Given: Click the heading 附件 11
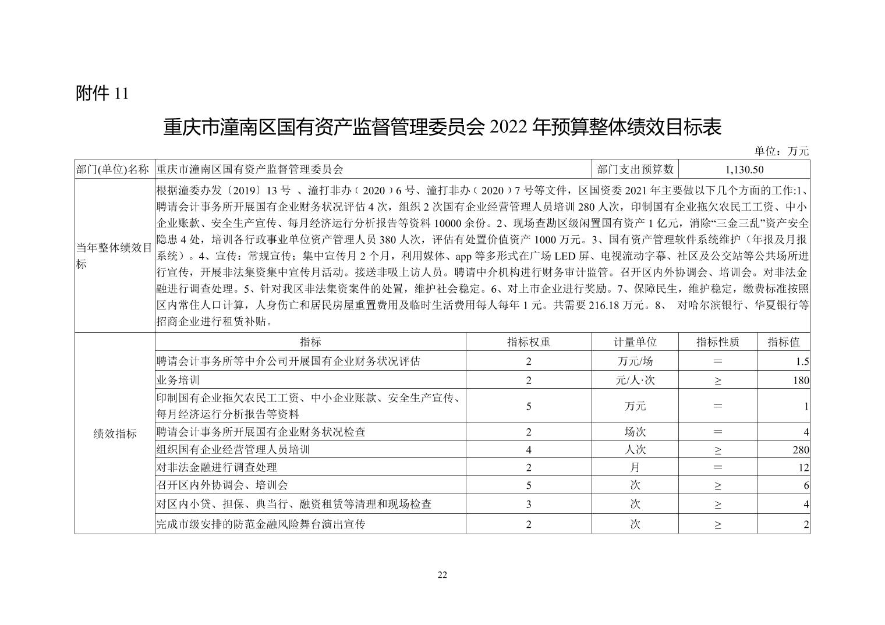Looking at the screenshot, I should [x=102, y=93].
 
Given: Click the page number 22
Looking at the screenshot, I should [x=442, y=576].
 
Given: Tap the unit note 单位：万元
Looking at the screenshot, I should [x=781, y=151].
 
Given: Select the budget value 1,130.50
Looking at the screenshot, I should [x=744, y=169].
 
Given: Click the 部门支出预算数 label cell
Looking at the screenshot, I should [x=635, y=169].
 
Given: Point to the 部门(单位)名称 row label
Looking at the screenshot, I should [x=114, y=169].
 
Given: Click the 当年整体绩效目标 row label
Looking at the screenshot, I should [x=114, y=255].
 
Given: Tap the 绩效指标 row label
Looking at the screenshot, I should [x=115, y=434].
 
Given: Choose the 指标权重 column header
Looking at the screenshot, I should [x=529, y=342].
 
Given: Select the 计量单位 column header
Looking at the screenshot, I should [x=635, y=342].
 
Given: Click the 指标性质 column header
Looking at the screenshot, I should [x=717, y=342].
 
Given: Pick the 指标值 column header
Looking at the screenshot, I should [x=783, y=342].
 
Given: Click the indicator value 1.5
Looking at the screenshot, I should [x=802, y=361].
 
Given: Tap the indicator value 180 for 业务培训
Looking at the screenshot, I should [x=801, y=381].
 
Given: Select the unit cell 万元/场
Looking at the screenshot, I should [x=635, y=361].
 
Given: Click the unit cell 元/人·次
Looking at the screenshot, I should [x=635, y=381].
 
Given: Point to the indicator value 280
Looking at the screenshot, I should [x=801, y=450].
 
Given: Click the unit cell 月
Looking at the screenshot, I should [x=635, y=467].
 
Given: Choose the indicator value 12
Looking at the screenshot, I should [x=803, y=467].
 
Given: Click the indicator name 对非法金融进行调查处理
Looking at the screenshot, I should [x=217, y=467].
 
